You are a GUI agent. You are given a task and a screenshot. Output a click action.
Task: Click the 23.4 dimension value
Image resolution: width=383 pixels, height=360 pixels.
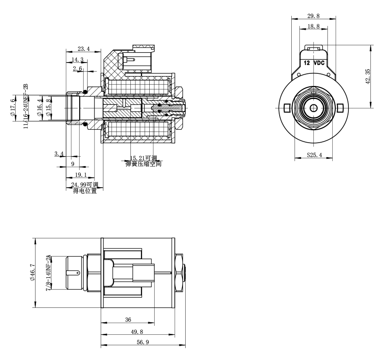pos(84,49)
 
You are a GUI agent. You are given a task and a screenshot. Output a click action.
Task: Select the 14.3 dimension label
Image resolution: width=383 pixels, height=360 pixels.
pos(77,59)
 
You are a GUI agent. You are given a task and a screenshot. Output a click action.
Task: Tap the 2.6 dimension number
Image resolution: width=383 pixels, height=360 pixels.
pos(77,69)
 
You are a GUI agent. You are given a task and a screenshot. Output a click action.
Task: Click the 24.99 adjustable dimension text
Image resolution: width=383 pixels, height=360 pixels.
pos(85,185)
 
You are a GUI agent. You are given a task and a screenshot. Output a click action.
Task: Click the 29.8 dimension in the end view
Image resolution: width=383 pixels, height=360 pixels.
pos(313,16)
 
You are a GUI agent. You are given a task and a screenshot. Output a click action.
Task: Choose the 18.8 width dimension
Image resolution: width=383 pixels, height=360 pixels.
pos(313,27)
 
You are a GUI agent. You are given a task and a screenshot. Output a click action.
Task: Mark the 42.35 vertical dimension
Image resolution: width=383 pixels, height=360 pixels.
pos(368,76)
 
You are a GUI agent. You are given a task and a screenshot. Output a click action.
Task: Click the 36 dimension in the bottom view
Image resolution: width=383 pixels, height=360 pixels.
pos(128,320)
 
